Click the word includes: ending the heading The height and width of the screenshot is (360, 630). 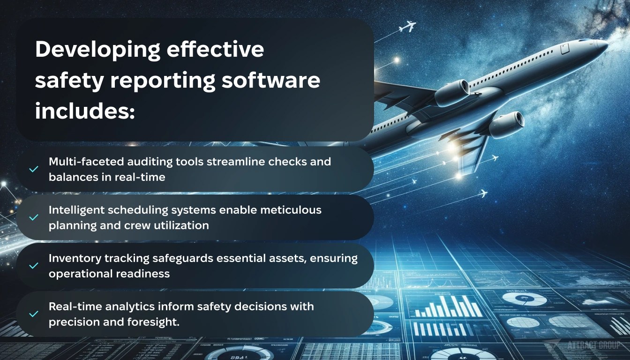click(85, 112)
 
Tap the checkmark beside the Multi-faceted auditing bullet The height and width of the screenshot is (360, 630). click(33, 169)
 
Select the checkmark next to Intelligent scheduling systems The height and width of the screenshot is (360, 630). click(33, 217)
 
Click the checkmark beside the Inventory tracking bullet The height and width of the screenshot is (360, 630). click(33, 266)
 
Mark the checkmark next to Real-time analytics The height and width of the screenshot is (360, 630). click(33, 314)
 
